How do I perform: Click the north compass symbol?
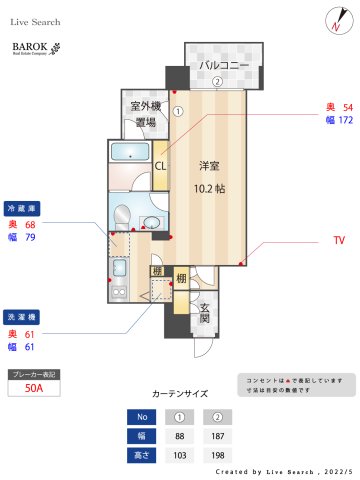tap(333, 22)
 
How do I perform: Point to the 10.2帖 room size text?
tap(209, 186)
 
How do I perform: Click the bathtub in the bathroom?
tap(130, 154)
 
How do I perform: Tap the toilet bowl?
tap(122, 216)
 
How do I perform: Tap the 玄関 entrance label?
tap(203, 312)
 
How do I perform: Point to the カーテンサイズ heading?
tap(179, 394)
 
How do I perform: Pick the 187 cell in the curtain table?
tap(217, 435)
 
